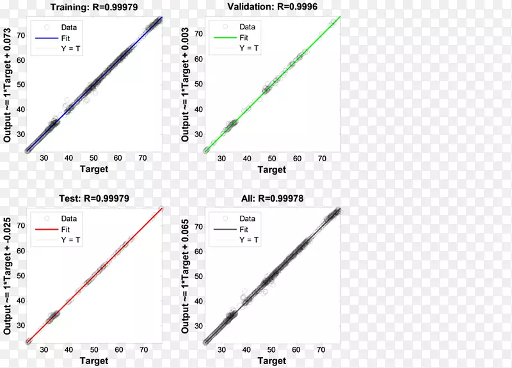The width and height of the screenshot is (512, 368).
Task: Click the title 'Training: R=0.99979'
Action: pos(93,7)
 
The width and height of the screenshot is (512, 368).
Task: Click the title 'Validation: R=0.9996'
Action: pos(271,7)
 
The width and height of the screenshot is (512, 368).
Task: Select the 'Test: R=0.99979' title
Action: pos(93,198)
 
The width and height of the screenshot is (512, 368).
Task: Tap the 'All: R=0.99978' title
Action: pos(271,198)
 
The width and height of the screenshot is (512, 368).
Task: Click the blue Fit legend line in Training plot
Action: pos(46,38)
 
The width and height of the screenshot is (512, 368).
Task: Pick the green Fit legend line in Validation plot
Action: pos(224,38)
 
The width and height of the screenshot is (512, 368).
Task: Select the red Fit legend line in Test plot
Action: pos(46,229)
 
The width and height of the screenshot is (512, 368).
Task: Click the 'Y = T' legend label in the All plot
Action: pos(248,240)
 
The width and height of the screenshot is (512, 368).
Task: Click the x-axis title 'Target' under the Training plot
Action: pos(93,169)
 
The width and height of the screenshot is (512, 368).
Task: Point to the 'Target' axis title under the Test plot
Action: pos(93,361)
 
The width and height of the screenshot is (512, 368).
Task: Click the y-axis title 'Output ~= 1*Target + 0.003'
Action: pos(186,83)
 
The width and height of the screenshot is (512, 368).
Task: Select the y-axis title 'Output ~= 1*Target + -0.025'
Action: pos(8,275)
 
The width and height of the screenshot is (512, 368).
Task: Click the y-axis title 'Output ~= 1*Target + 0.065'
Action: pos(186,275)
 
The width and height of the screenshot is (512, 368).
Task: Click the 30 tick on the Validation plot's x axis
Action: pos(221,158)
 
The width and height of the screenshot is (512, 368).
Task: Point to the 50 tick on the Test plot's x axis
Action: pos(93,349)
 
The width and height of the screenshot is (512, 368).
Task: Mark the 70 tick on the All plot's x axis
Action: pos(322,349)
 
